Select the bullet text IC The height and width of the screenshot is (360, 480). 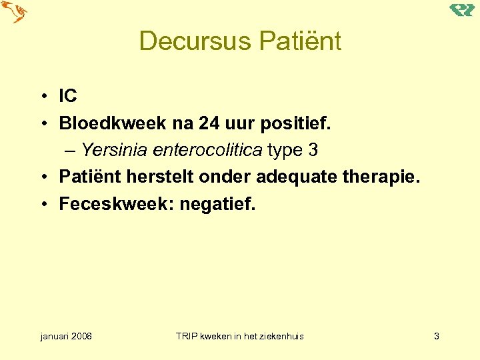pyautogui.click(x=68, y=96)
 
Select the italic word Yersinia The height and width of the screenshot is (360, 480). pyautogui.click(x=115, y=150)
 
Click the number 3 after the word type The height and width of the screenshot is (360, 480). pyautogui.click(x=313, y=150)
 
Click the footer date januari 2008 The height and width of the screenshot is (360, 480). pyautogui.click(x=66, y=336)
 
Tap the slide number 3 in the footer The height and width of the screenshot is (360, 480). pyautogui.click(x=437, y=336)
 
